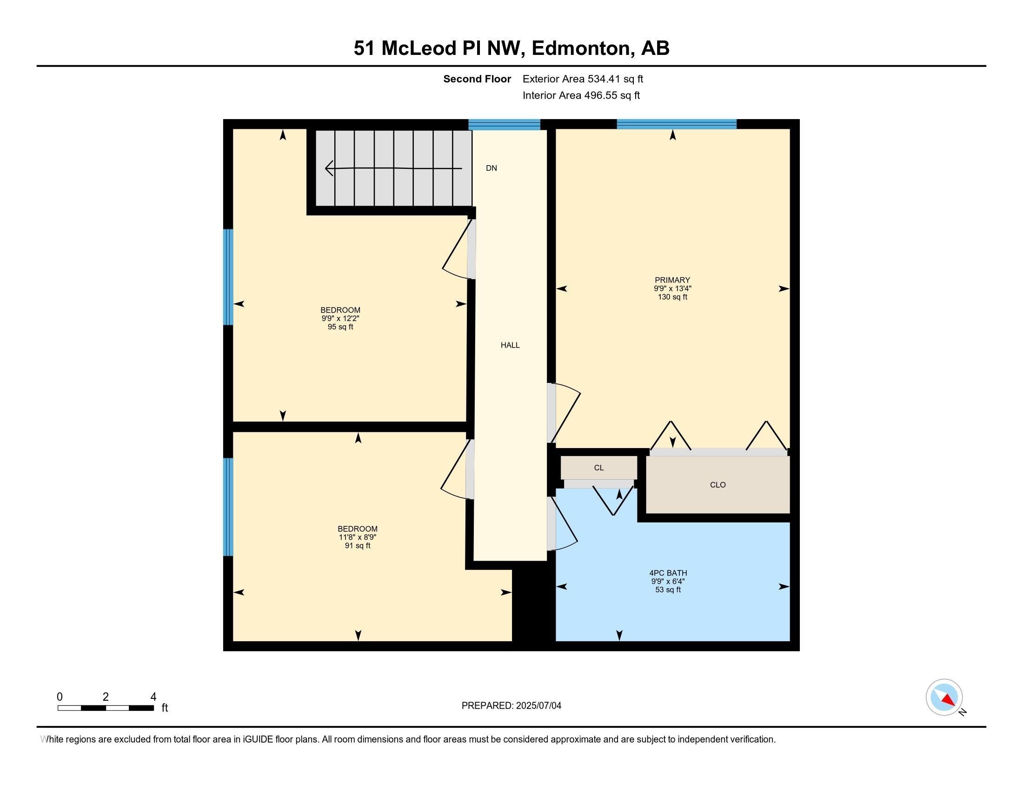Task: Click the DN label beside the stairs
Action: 492,168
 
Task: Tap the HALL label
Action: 510,345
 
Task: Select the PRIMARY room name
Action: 672,280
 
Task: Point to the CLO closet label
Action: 717,485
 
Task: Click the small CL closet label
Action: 598,468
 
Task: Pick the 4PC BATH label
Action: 668,573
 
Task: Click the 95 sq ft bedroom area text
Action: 340,327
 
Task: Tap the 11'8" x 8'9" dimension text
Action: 358,537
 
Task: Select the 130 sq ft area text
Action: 672,297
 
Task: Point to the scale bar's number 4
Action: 153,697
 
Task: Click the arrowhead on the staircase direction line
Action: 329,168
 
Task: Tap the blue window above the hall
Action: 505,125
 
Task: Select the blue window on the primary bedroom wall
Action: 677,124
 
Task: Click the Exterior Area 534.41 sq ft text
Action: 583,79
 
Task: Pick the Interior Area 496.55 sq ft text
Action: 581,95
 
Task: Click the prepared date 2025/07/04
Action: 538,706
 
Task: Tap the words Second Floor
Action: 477,79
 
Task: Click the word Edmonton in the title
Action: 581,48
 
